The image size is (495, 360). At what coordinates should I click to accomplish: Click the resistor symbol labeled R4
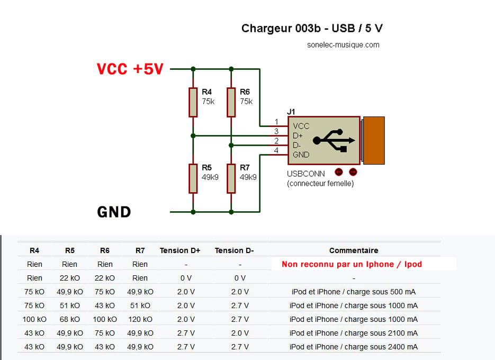pyautogui.click(x=193, y=102)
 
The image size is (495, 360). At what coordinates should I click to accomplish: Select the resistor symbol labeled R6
pyautogui.click(x=231, y=102)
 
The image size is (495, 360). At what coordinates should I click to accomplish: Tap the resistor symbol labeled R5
pyautogui.click(x=193, y=178)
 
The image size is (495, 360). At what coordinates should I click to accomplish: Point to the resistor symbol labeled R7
pyautogui.click(x=231, y=178)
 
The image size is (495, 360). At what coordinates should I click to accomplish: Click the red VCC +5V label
pyautogui.click(x=130, y=69)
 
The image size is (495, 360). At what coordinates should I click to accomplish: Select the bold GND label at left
pyautogui.click(x=114, y=212)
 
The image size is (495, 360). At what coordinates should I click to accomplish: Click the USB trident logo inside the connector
pyautogui.click(x=334, y=140)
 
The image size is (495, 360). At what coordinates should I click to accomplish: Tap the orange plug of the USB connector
pyautogui.click(x=373, y=140)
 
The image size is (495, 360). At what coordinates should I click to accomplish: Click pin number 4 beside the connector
pyautogui.click(x=276, y=150)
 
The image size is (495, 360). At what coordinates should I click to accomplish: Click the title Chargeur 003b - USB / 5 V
pyautogui.click(x=316, y=28)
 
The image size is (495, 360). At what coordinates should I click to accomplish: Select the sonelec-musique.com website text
pyautogui.click(x=343, y=45)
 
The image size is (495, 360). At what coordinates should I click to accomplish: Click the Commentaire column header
pyautogui.click(x=354, y=250)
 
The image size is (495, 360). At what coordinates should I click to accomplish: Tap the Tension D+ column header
pyautogui.click(x=180, y=250)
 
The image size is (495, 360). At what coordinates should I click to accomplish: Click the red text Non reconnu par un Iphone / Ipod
pyautogui.click(x=352, y=264)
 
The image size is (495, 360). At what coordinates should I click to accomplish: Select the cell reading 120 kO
pyautogui.click(x=140, y=319)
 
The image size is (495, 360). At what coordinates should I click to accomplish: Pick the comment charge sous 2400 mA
pyautogui.click(x=354, y=347)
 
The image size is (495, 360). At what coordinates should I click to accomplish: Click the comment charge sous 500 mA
pyautogui.click(x=354, y=292)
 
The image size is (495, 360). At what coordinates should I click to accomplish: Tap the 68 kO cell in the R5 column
pyautogui.click(x=70, y=319)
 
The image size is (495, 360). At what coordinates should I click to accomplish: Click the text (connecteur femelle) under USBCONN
pyautogui.click(x=320, y=184)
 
